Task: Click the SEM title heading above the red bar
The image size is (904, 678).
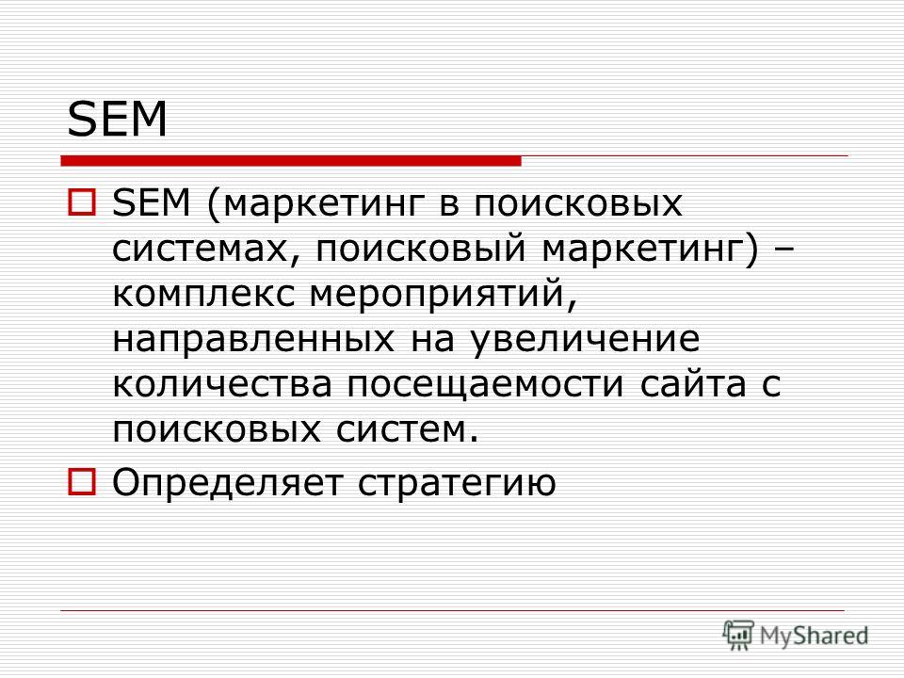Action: [x=117, y=120]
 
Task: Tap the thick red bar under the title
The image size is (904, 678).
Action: [x=291, y=161]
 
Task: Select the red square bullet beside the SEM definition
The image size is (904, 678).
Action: [x=82, y=203]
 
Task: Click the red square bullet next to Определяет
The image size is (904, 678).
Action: [x=82, y=481]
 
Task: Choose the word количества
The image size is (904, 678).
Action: [x=222, y=384]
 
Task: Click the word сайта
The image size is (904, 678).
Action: [x=693, y=384]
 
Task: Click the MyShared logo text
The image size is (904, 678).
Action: [x=814, y=636]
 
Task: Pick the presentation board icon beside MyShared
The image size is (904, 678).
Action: [x=738, y=635]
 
